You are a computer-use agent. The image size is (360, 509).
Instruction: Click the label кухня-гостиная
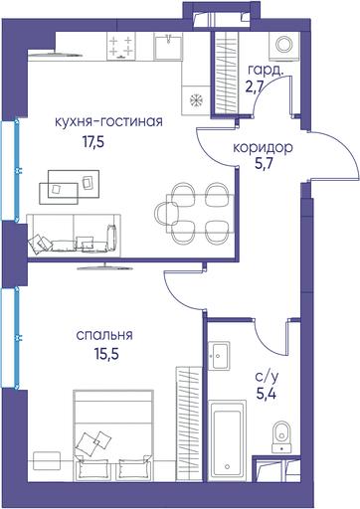point(108,121)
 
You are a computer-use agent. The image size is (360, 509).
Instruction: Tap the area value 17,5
point(93,142)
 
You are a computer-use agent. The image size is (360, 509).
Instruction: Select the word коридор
point(263,147)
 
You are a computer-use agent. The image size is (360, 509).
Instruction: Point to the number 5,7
point(264,163)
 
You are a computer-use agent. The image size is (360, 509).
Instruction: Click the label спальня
point(104,335)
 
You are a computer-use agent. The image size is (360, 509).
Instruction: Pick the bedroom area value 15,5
point(106,354)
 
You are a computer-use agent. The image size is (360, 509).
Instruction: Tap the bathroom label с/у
point(267,377)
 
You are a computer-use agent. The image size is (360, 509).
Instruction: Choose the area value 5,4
point(267,394)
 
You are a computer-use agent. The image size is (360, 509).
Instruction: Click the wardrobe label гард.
point(266,71)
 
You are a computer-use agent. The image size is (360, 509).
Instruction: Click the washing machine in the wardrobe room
point(284,47)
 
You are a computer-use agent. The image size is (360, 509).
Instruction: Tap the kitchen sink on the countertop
point(168,47)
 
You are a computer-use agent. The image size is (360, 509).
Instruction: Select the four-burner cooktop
point(121,47)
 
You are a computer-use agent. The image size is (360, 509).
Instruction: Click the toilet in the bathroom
point(281,436)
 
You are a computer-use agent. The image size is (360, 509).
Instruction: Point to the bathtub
point(227,440)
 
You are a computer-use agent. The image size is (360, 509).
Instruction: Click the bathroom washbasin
point(219,355)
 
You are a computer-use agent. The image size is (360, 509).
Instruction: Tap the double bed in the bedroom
point(114,434)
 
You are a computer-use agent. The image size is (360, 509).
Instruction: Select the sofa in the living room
point(74,235)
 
